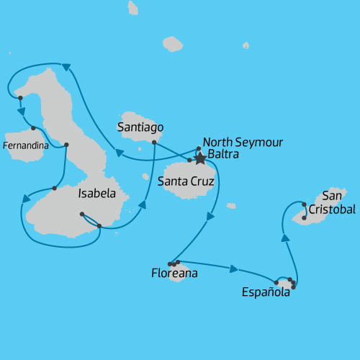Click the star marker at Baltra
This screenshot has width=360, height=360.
[x=200, y=158]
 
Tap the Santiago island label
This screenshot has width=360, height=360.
[x=140, y=127]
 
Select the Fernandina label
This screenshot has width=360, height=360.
[x=26, y=145]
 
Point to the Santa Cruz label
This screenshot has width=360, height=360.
[x=186, y=181]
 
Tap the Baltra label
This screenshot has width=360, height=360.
[x=223, y=154]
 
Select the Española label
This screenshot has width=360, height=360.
[x=266, y=292]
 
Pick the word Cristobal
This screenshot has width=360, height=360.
[x=332, y=210]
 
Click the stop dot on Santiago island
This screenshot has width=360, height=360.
[x=154, y=143]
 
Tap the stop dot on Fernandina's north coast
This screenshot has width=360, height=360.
[x=33, y=128]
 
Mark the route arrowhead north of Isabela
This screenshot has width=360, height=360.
[x=66, y=67]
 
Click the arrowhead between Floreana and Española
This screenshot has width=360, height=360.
[x=233, y=269]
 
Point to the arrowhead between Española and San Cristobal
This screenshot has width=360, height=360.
[x=286, y=238]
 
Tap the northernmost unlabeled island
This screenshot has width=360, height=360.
[x=133, y=8]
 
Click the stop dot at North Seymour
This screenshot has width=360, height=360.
[x=199, y=149]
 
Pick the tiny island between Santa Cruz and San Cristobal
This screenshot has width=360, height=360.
[x=231, y=206]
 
